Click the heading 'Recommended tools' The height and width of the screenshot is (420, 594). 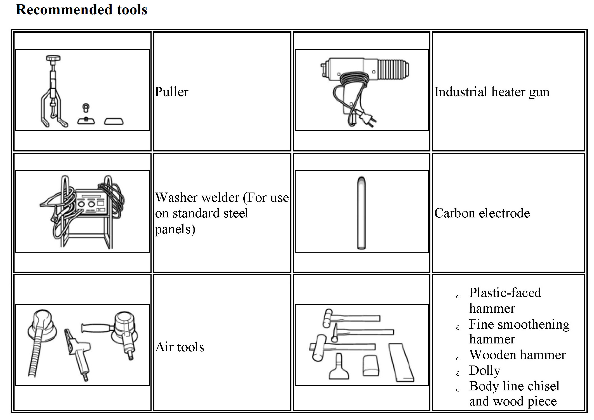81,10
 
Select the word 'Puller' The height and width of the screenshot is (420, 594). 172,92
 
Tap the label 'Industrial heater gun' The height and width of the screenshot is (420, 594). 492,92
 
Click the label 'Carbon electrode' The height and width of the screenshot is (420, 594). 482,213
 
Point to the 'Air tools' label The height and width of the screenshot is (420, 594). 180,347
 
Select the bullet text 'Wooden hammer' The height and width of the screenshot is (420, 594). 517,355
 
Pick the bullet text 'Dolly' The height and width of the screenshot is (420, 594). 485,371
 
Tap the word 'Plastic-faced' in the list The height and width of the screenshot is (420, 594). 505,293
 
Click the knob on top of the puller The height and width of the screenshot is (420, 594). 53,59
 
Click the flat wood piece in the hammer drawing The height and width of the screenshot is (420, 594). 401,362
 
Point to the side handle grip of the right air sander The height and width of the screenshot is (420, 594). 95,328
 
